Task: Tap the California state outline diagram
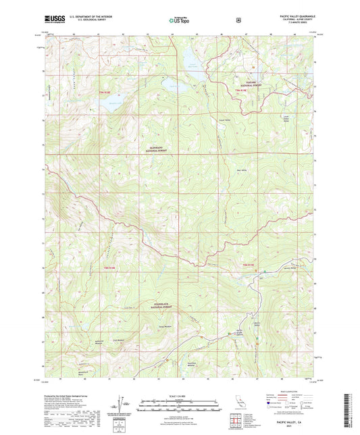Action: click(240, 403)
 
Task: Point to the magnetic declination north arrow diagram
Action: click(122, 403)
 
